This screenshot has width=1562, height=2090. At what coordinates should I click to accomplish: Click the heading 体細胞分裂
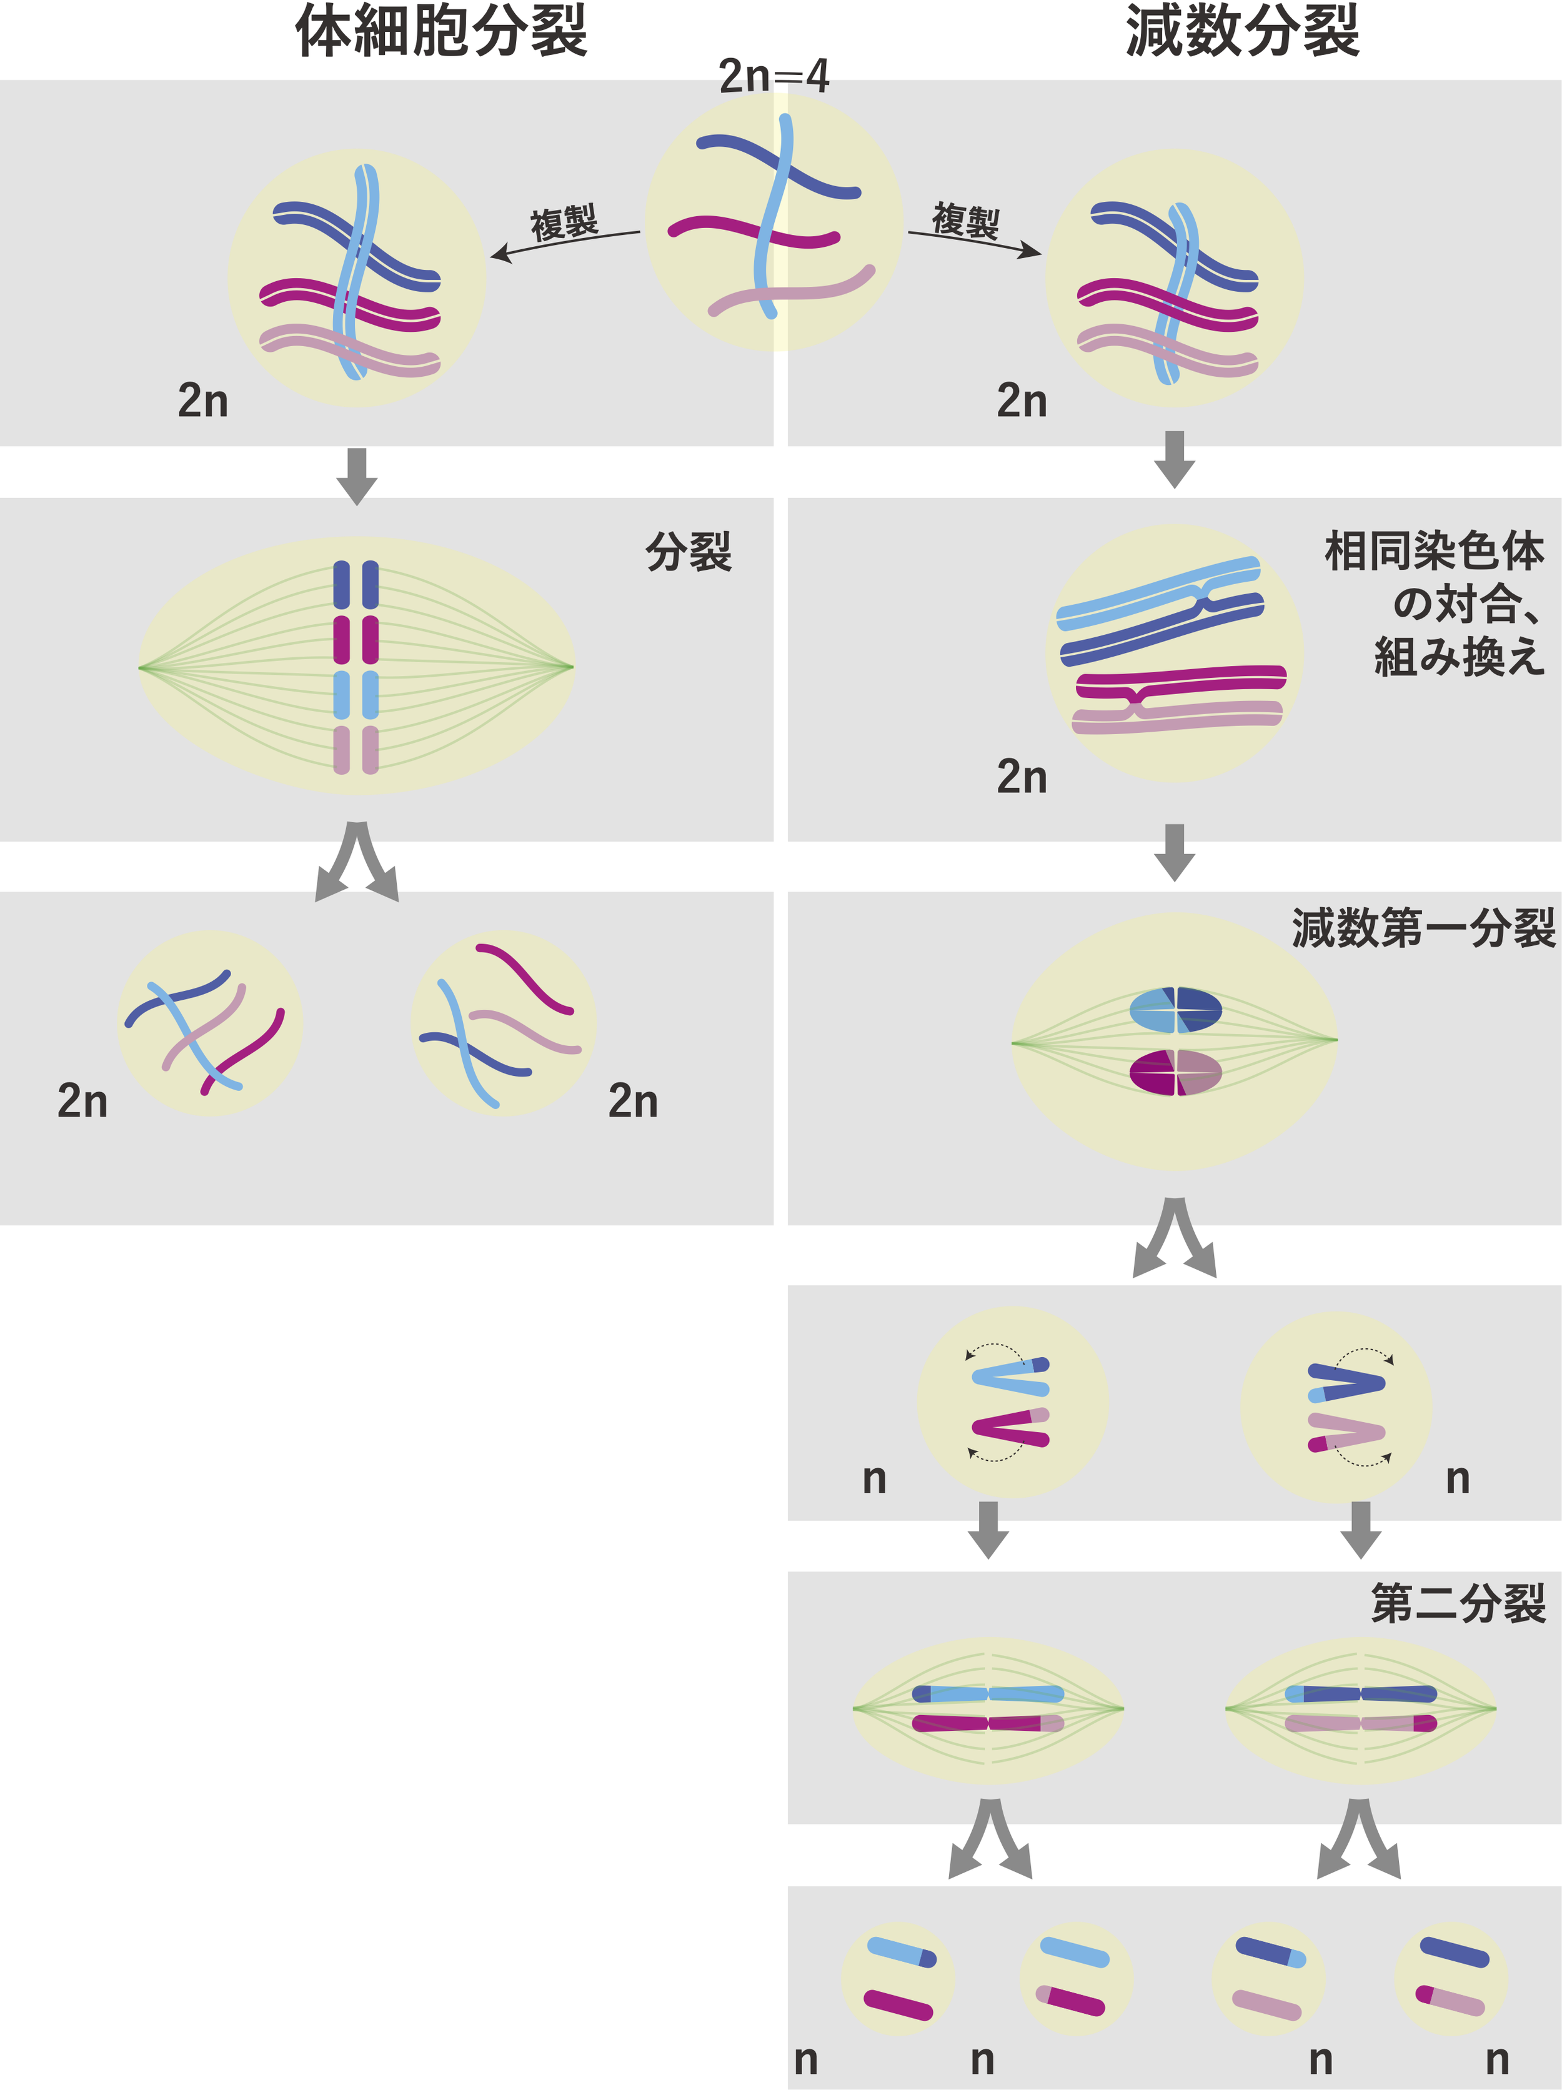tap(441, 32)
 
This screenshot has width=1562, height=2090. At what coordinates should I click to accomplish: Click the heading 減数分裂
tap(1241, 32)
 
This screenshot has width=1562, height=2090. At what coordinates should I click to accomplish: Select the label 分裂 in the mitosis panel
tap(689, 552)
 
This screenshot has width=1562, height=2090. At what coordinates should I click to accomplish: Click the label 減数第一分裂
tap(1423, 928)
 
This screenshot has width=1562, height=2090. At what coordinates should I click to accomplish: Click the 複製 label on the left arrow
tap(564, 224)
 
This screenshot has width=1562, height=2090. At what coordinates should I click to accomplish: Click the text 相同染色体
tap(1433, 551)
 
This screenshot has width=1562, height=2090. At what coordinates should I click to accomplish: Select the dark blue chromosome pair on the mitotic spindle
tap(356, 585)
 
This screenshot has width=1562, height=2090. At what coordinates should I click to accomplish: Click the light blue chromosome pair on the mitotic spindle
tap(356, 694)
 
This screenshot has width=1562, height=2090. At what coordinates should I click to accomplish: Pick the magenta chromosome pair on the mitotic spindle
tap(356, 640)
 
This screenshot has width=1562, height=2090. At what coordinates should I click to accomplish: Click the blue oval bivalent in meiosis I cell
tap(1175, 1010)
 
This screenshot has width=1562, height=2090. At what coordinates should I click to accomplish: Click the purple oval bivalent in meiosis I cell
tap(1175, 1072)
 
